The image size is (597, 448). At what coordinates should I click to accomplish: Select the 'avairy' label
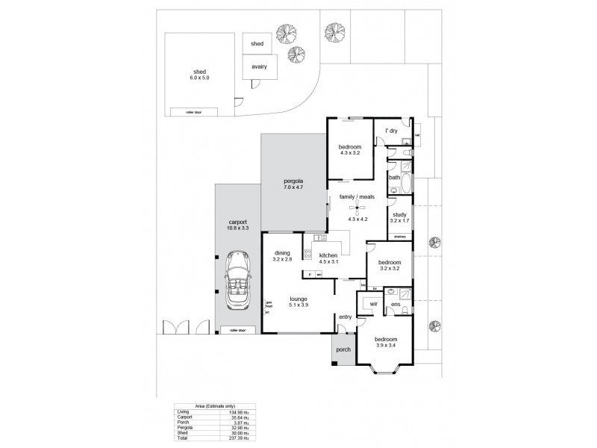click(x=259, y=66)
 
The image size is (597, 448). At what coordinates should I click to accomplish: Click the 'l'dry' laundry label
click(x=390, y=131)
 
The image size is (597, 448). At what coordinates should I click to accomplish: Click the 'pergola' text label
click(x=293, y=181)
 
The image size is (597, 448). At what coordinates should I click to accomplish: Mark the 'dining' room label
click(x=281, y=252)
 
